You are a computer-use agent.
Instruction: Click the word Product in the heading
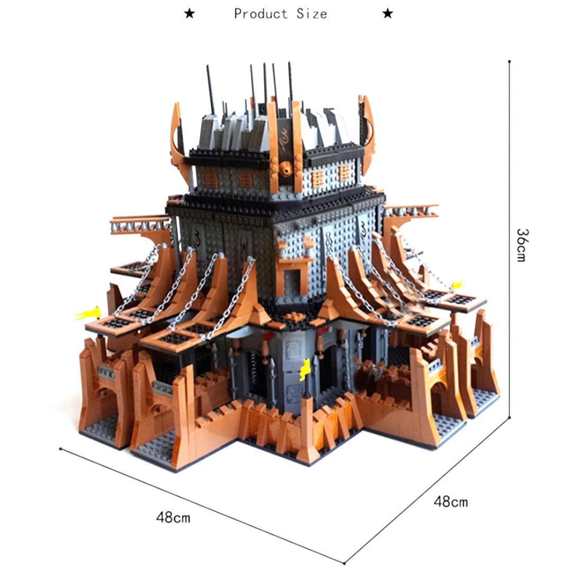tap(261, 14)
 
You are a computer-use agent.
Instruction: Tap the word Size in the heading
tap(312, 14)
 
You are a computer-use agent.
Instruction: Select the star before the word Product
tap(189, 14)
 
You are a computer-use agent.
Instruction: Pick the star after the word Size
tap(387, 14)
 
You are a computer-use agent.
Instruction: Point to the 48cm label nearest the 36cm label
tap(451, 502)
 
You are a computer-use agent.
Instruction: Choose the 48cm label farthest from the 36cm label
tap(173, 517)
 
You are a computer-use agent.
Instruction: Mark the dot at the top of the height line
tap(510, 61)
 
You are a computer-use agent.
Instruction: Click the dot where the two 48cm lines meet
tap(344, 563)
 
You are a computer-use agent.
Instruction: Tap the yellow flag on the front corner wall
tap(305, 369)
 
